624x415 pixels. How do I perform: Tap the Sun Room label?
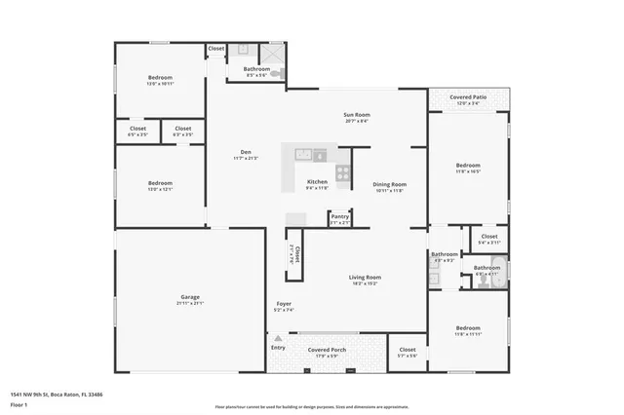pyautogui.click(x=355, y=116)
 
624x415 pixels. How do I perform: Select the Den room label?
pyautogui.click(x=247, y=151)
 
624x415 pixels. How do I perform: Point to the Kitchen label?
pyautogui.click(x=318, y=182)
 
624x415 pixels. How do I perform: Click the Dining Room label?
pyautogui.click(x=389, y=184)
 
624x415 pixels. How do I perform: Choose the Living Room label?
pyautogui.click(x=365, y=278)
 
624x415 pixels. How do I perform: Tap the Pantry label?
pyautogui.click(x=339, y=217)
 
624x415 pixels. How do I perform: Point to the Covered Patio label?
pyautogui.click(x=467, y=97)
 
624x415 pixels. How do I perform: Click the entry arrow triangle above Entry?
pyautogui.click(x=278, y=336)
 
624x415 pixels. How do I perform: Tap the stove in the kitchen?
pyautogui.click(x=342, y=173)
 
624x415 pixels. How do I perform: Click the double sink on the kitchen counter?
pyautogui.click(x=303, y=154)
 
